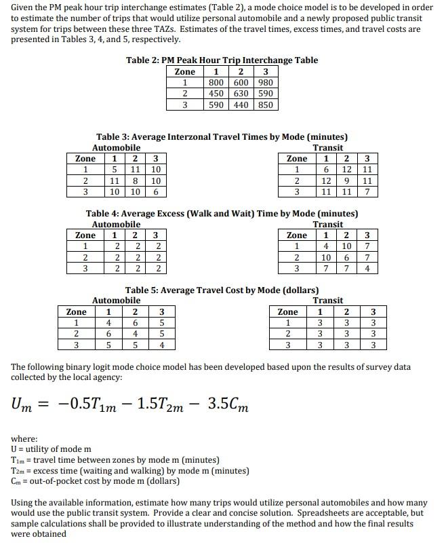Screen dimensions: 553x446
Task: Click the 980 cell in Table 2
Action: click(x=265, y=83)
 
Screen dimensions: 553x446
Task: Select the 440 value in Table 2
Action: click(x=241, y=104)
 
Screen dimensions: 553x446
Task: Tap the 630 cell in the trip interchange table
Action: click(x=241, y=94)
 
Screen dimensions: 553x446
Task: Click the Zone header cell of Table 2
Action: click(x=185, y=72)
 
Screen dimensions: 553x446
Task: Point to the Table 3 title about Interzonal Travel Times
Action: click(x=222, y=137)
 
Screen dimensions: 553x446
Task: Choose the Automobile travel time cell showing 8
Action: click(x=135, y=181)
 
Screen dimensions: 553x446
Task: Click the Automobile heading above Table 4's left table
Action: click(x=116, y=224)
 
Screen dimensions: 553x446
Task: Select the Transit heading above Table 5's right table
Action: click(x=328, y=300)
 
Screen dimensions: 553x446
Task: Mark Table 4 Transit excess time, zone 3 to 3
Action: click(x=367, y=268)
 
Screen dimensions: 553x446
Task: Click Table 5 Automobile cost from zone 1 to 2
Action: click(x=135, y=323)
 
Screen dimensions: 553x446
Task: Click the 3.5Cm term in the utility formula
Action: click(x=228, y=405)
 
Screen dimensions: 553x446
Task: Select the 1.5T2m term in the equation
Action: click(x=161, y=405)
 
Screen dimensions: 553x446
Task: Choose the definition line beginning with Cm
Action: click(x=95, y=480)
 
